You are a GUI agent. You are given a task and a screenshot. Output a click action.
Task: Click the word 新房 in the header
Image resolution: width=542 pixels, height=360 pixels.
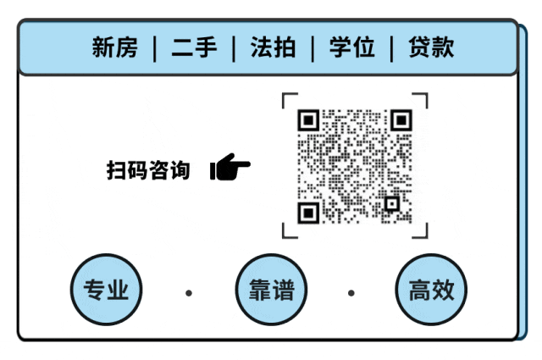(114, 47)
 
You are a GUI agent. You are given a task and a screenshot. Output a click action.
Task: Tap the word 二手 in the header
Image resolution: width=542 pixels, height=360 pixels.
(193, 47)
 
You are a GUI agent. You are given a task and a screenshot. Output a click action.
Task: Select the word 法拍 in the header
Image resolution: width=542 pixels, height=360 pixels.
(273, 47)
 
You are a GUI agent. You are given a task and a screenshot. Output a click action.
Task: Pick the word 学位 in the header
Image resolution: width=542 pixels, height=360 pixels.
(352, 47)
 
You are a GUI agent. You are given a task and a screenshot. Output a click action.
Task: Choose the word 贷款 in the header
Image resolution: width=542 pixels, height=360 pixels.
(431, 47)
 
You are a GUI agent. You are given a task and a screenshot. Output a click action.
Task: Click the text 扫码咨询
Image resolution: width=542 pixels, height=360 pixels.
(148, 169)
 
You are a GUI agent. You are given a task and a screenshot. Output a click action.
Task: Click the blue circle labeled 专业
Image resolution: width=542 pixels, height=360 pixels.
(106, 291)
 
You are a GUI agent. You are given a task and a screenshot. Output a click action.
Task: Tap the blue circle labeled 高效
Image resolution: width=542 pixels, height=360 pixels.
(432, 291)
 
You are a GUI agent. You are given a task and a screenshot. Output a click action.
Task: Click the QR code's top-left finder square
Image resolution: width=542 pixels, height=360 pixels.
(309, 120)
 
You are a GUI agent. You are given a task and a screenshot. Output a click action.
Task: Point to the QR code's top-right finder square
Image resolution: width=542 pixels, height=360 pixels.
(401, 120)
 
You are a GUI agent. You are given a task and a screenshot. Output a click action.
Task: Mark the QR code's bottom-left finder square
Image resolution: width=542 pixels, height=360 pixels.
(309, 212)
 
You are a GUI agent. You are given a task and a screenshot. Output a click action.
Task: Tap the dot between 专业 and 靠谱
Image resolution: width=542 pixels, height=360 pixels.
(189, 293)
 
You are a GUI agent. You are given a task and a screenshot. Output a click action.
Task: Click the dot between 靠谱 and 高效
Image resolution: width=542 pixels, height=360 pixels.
(351, 293)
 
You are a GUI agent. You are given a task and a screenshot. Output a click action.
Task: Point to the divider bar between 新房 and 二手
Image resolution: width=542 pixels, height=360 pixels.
(154, 48)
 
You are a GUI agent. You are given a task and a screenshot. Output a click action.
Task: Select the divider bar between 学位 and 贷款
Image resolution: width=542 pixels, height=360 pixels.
(392, 48)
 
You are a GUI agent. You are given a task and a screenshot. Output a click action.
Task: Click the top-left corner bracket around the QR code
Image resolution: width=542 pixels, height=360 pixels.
(288, 99)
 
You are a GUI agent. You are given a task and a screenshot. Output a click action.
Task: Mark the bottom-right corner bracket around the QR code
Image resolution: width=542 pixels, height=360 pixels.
(422, 230)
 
